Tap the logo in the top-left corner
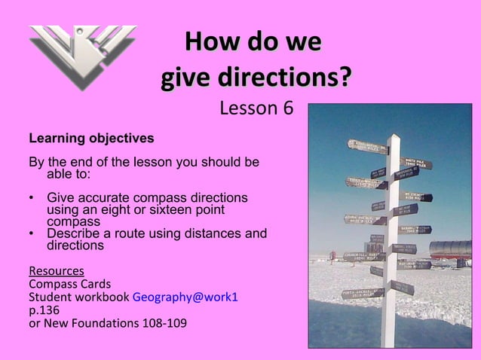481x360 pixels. (82, 57)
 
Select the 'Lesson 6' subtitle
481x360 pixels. (256, 109)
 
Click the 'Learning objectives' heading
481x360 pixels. (91, 139)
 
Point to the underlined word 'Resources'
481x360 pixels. (56, 270)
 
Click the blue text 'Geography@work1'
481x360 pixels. (185, 297)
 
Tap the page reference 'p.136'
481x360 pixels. (43, 310)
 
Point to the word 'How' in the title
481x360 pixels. (210, 41)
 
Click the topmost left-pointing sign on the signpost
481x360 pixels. (366, 146)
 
